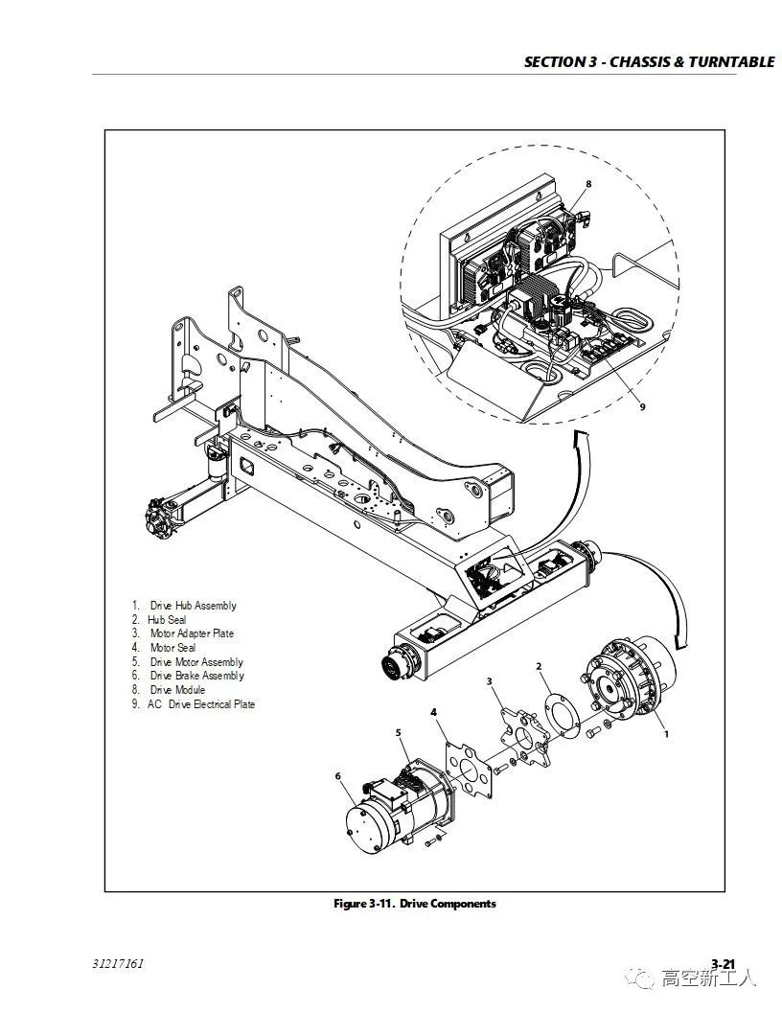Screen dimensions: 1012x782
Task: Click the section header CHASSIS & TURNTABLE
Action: pyautogui.click(x=649, y=62)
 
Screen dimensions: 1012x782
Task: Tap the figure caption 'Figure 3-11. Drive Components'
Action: pyautogui.click(x=414, y=904)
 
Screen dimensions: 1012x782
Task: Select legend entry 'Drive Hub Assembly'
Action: pyautogui.click(x=192, y=606)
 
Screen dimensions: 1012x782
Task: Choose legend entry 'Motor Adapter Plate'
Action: pyautogui.click(x=191, y=633)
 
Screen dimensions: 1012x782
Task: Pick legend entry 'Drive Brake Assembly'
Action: pyautogui.click(x=196, y=676)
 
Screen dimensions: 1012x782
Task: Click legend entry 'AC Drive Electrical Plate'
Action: pyautogui.click(x=200, y=704)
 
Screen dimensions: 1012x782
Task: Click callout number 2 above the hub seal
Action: pyautogui.click(x=539, y=666)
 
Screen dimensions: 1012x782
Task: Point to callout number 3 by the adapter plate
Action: pyautogui.click(x=490, y=681)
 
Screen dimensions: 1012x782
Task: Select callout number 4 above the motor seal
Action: pyautogui.click(x=433, y=713)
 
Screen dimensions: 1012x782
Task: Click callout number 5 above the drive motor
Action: pyautogui.click(x=399, y=733)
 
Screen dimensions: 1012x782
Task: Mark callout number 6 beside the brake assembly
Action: pyautogui.click(x=337, y=775)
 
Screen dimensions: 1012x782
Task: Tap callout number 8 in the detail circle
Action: pyautogui.click(x=588, y=183)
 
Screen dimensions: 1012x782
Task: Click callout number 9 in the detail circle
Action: pyautogui.click(x=643, y=406)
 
